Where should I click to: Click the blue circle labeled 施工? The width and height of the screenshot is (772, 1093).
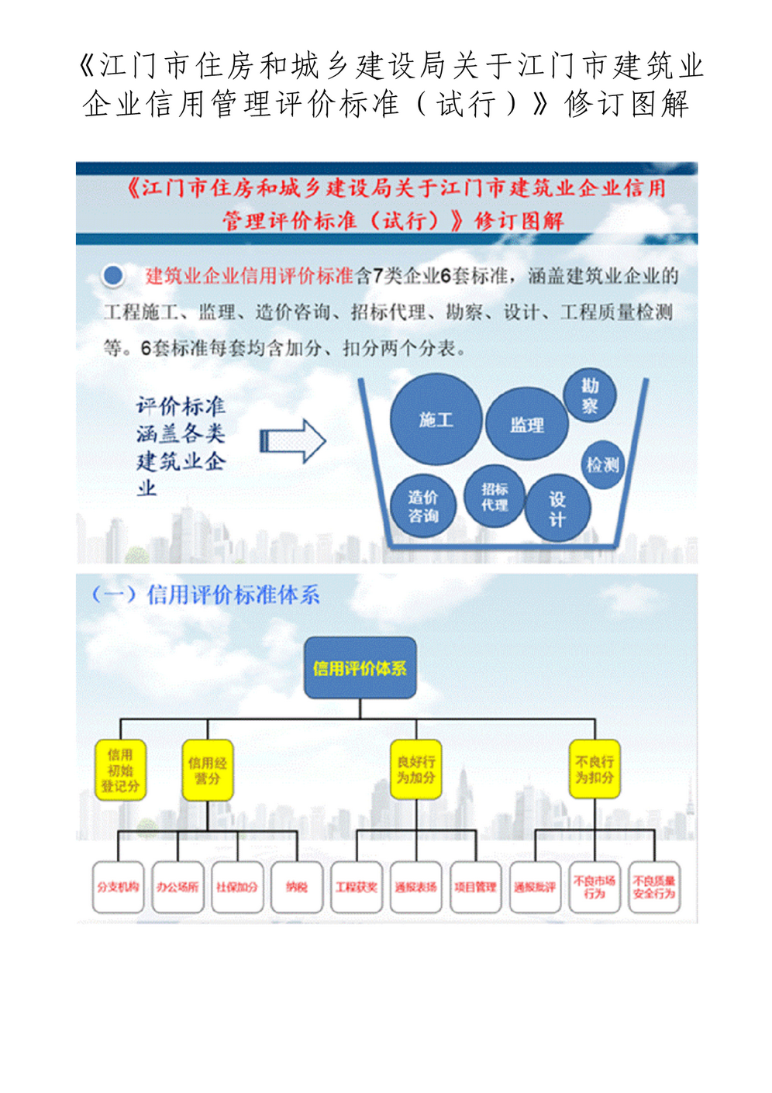click(436, 419)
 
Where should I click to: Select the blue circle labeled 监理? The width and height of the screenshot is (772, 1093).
click(527, 424)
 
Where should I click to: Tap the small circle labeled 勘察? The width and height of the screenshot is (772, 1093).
click(590, 395)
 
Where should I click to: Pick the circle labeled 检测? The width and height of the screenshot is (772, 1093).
click(602, 464)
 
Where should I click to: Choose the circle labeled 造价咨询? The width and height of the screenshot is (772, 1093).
click(422, 506)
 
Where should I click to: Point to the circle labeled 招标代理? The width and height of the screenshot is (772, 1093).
click(494, 497)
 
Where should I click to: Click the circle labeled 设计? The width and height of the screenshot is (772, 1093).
click(557, 509)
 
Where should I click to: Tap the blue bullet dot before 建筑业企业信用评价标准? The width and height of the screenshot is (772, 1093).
click(113, 275)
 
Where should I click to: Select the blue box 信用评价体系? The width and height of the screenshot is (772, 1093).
click(360, 668)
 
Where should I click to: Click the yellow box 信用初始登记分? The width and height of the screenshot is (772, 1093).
click(120, 770)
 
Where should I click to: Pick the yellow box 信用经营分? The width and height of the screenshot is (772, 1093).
click(207, 770)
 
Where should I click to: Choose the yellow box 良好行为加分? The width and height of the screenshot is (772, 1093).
click(416, 770)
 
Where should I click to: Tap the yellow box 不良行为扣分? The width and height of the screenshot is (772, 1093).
click(595, 770)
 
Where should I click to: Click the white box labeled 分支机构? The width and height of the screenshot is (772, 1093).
click(118, 887)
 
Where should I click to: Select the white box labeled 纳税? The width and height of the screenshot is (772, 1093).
click(297, 887)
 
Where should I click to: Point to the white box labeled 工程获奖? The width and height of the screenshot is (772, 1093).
click(357, 887)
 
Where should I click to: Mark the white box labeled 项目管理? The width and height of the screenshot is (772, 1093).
click(475, 887)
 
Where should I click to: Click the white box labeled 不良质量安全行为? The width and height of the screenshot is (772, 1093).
click(654, 887)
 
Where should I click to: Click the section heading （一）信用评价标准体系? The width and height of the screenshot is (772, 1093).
click(205, 595)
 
